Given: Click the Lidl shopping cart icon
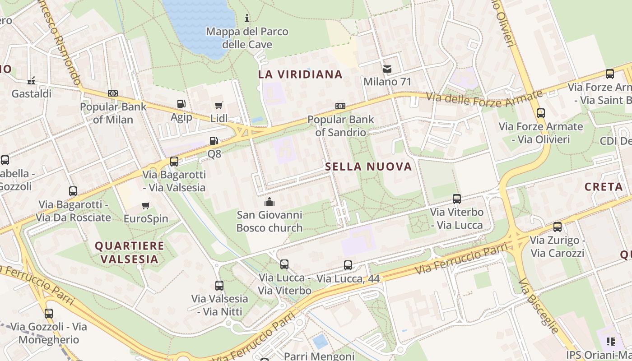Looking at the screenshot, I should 219,106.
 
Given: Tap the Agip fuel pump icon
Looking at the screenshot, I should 181,104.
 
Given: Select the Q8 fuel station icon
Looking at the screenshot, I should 214,141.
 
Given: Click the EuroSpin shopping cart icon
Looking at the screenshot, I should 146,206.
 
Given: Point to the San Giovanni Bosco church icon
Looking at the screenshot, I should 270,201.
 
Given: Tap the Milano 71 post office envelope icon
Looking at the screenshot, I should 387,69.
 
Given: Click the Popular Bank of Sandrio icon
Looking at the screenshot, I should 340,106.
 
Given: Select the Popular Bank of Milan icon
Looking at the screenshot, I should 113,93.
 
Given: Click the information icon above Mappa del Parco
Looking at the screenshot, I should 247,18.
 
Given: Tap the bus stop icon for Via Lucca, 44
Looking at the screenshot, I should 348,265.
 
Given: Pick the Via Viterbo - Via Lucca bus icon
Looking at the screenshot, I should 457,199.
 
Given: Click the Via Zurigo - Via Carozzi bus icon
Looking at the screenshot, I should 558,227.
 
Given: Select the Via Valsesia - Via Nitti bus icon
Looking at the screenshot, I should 219,285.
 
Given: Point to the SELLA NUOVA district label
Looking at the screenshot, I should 368,167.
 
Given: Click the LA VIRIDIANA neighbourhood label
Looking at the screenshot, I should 300,74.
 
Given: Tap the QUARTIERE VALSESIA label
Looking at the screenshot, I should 130,252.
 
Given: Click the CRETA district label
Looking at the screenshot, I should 603,186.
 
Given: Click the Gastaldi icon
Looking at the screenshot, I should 31,81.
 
